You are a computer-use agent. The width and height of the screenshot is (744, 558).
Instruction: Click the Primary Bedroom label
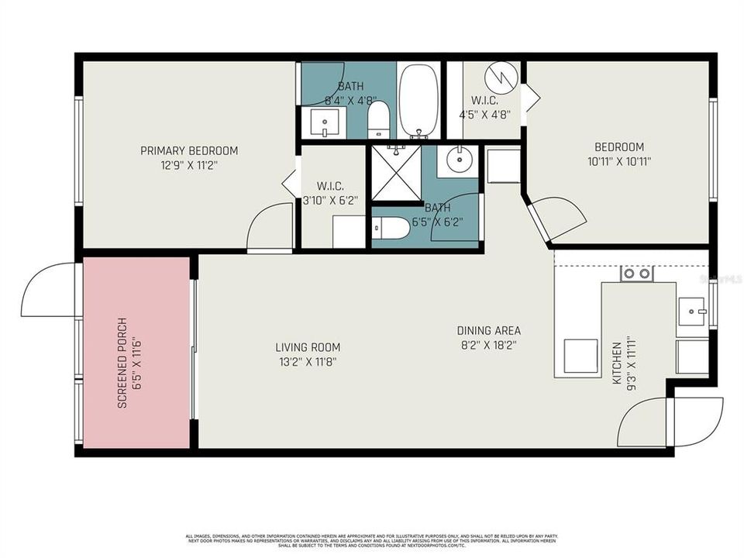tap(188, 150)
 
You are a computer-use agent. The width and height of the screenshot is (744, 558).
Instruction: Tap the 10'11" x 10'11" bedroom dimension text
tap(618, 162)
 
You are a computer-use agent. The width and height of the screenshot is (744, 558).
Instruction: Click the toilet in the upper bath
tap(377, 120)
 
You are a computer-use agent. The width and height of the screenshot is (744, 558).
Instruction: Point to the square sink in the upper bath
tap(325, 122)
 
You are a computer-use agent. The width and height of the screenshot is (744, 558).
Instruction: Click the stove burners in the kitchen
tap(636, 274)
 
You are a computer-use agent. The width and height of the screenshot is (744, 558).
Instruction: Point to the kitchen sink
tap(690, 312)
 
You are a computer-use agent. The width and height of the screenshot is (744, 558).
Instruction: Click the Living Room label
tap(308, 347)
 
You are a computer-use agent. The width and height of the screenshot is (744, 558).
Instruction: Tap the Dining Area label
tap(488, 329)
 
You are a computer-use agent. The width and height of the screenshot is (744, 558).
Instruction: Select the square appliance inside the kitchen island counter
tap(580, 356)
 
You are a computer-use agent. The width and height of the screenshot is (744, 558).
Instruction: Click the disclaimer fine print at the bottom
tap(372, 540)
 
